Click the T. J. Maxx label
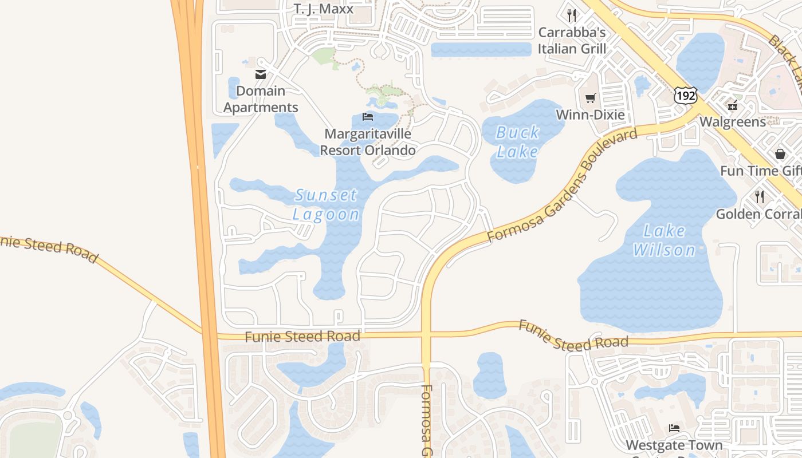point(324,9)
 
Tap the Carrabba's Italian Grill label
point(572,41)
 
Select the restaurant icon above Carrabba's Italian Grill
point(572,15)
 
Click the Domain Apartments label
point(261,99)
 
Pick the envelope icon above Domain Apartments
point(261,74)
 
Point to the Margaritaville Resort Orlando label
point(368,142)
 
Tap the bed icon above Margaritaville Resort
point(368,117)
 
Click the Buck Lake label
point(517,142)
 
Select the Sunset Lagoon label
point(327,204)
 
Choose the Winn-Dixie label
point(590,115)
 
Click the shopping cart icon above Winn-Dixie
point(590,98)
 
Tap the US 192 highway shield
point(685,95)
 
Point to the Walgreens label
point(733,122)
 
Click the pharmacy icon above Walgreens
point(733,105)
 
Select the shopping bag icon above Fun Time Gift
point(780,153)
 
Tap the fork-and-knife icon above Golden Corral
point(760,197)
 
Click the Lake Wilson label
point(665,240)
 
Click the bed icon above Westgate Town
point(674,428)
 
